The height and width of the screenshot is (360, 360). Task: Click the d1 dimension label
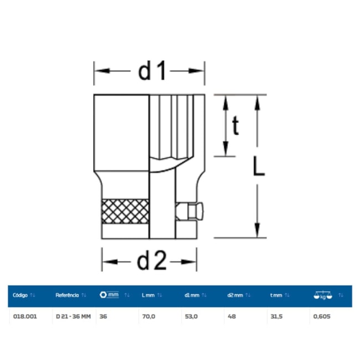point(152,70)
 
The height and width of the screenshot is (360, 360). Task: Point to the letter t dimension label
point(235,125)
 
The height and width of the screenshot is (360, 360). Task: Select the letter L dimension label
point(259,166)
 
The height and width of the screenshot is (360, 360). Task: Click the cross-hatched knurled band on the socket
point(125,212)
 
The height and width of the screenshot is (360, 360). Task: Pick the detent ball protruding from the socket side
point(196,211)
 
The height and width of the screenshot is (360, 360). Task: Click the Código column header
point(20,295)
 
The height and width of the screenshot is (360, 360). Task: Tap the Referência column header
point(67,295)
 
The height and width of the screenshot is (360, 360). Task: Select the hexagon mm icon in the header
point(109,295)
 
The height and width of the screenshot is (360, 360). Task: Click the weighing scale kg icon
point(323,295)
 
